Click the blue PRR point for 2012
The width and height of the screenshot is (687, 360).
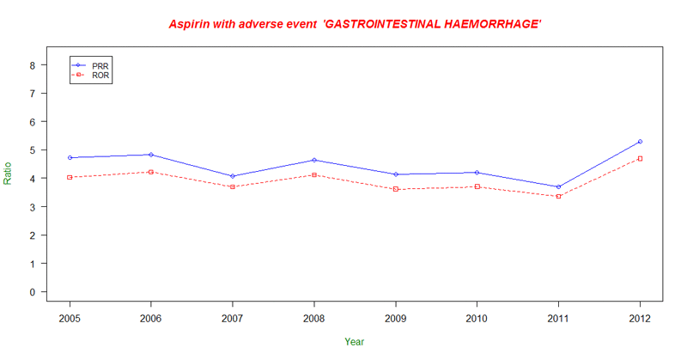pos(640,142)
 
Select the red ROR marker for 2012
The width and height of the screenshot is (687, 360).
pos(640,159)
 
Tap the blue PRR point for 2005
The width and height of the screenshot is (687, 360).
pos(70,158)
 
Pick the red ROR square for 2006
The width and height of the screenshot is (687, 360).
pos(151,172)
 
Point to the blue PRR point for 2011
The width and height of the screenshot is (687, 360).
pos(558,186)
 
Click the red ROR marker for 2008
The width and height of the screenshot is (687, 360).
pos(314,175)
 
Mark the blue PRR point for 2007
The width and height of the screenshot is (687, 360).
pos(233,176)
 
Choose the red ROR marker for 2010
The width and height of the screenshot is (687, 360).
pos(477,186)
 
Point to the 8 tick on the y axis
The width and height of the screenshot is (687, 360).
pos(32,64)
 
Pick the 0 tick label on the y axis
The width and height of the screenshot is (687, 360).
pos(32,292)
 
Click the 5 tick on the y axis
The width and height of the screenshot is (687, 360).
pos(32,149)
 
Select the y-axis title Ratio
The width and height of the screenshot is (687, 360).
pos(9,174)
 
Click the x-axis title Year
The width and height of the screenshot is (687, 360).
pos(354,342)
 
